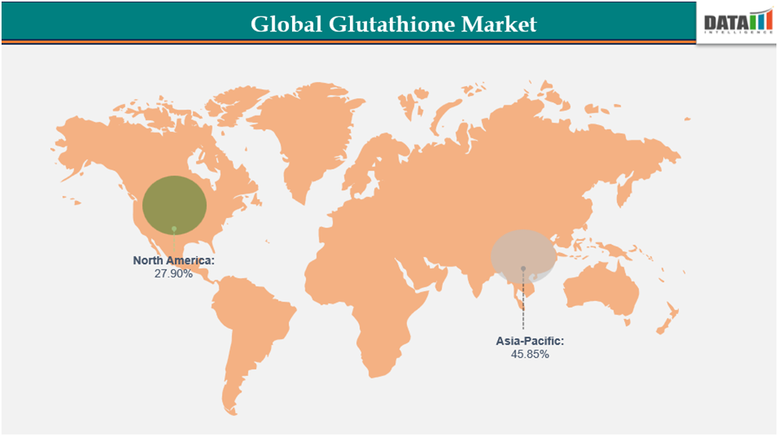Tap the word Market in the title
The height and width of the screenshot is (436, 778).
499,24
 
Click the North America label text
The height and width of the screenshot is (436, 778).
173,260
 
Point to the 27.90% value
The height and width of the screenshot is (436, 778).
173,273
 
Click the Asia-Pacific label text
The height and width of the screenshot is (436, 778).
530,341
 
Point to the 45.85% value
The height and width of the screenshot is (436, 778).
530,354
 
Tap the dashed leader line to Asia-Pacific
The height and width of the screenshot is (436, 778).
523,305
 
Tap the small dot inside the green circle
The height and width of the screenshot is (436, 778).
174,229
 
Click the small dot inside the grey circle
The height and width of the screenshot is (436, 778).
523,269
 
